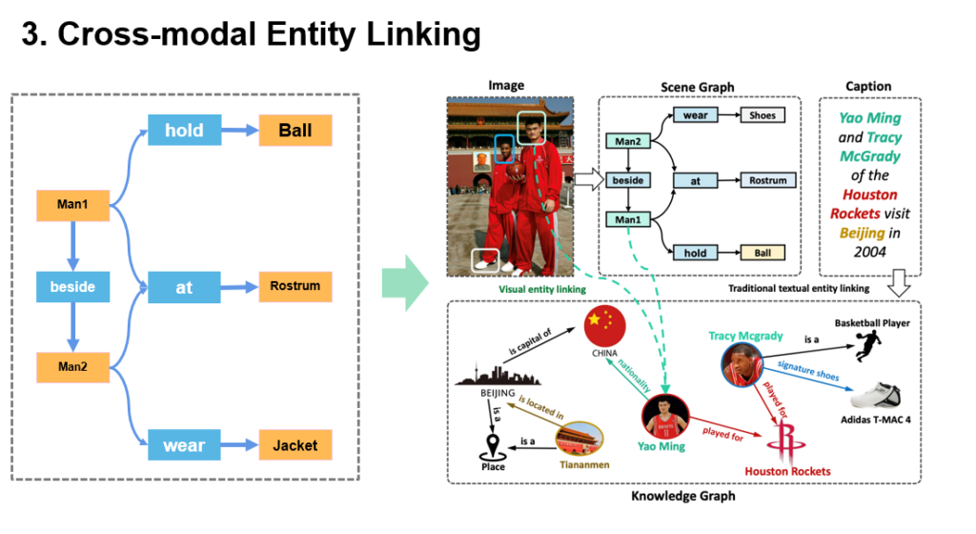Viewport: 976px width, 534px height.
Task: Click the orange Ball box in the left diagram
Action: [x=295, y=130]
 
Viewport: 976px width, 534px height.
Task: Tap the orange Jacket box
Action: [x=295, y=445]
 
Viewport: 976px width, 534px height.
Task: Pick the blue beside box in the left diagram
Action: [x=72, y=285]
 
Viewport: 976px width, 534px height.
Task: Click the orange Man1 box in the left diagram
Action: [x=72, y=205]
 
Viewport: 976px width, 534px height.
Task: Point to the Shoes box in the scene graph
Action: [x=762, y=115]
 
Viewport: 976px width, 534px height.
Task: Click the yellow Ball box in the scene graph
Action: [x=762, y=253]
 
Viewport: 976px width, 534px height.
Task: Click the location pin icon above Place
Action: [x=494, y=444]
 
